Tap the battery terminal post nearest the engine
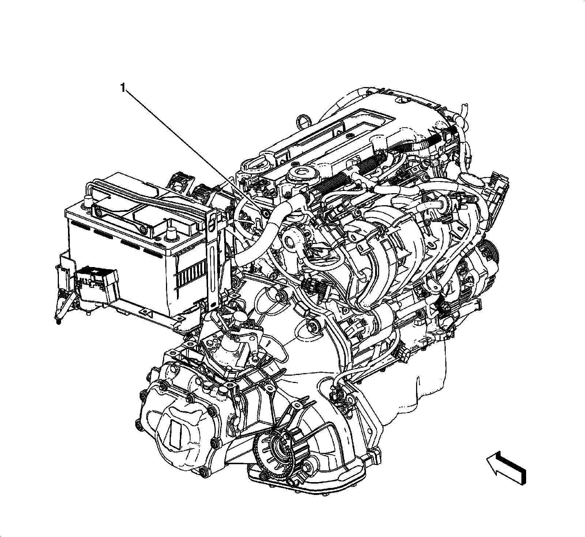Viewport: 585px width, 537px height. pyautogui.click(x=170, y=233)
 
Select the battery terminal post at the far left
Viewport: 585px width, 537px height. pyautogui.click(x=88, y=201)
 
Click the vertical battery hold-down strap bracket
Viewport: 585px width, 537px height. pyautogui.click(x=212, y=256)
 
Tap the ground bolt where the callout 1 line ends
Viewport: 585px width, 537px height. pyautogui.click(x=264, y=213)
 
